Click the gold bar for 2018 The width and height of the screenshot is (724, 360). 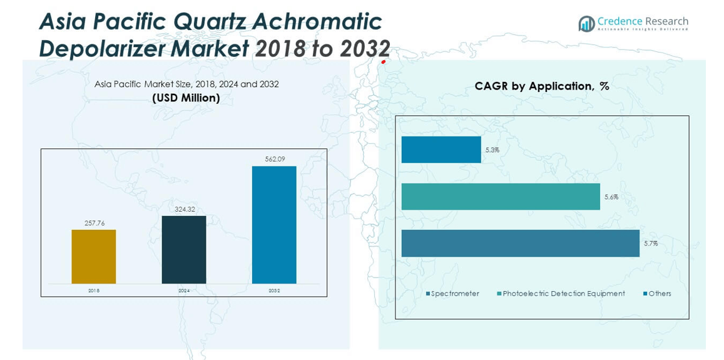pos(93,257)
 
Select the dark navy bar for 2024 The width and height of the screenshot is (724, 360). pos(184,250)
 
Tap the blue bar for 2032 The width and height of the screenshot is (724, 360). pos(274,225)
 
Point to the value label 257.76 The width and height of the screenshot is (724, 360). pos(94,223)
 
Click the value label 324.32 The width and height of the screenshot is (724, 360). pos(184,209)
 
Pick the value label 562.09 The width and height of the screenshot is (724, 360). pos(274,159)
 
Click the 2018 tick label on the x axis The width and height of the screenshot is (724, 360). pos(94,291)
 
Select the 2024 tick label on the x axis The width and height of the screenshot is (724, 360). pos(184,291)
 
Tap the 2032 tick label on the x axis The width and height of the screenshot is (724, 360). pos(274,291)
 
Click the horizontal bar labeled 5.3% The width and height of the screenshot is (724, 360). pos(441,150)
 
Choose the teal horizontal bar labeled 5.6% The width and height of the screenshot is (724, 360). pos(501,197)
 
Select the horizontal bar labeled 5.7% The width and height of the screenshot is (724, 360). pos(520,243)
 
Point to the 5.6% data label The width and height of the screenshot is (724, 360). pos(611,197)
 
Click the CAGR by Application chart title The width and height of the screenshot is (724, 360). pos(542,86)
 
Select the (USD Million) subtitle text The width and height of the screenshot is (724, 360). pos(186,98)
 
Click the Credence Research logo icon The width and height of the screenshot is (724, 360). pos(586,24)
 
